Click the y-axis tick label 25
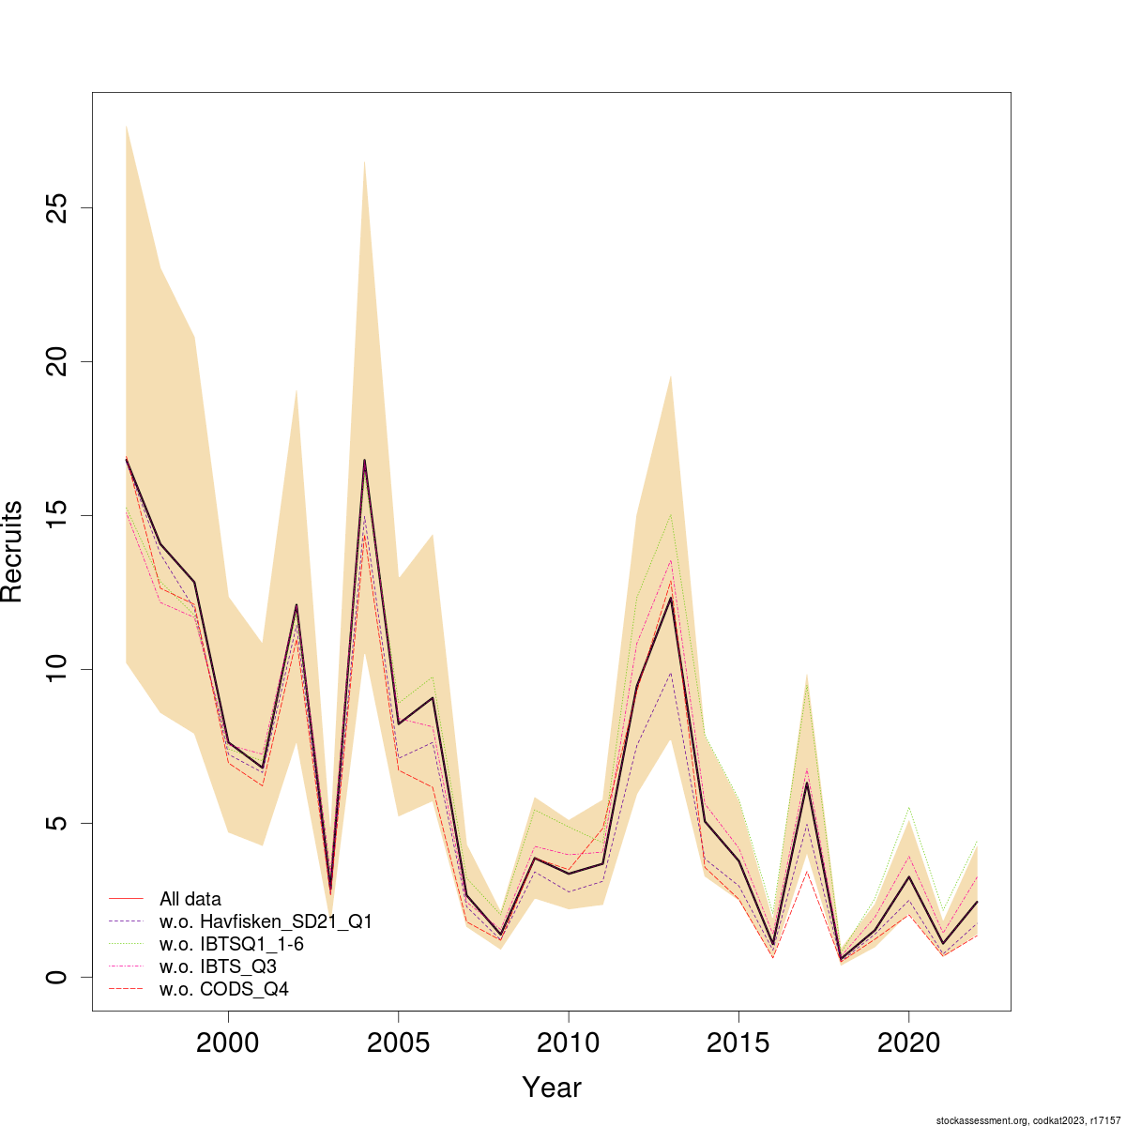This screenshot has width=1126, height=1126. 58,207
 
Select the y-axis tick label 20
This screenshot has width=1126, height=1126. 58,361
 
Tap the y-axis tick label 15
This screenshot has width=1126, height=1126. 58,515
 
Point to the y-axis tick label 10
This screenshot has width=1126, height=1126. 58,669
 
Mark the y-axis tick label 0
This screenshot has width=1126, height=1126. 58,977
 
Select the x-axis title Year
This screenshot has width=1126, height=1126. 552,1088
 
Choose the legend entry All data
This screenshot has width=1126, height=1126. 190,899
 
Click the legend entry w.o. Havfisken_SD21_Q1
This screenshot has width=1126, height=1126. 266,921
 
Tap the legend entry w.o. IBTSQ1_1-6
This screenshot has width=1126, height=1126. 232,944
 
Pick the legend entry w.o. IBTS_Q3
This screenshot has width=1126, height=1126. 218,966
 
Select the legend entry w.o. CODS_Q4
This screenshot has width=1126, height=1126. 224,989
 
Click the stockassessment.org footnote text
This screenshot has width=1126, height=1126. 1028,1120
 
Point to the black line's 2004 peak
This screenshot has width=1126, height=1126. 364,460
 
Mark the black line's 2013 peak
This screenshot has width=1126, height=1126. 671,598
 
